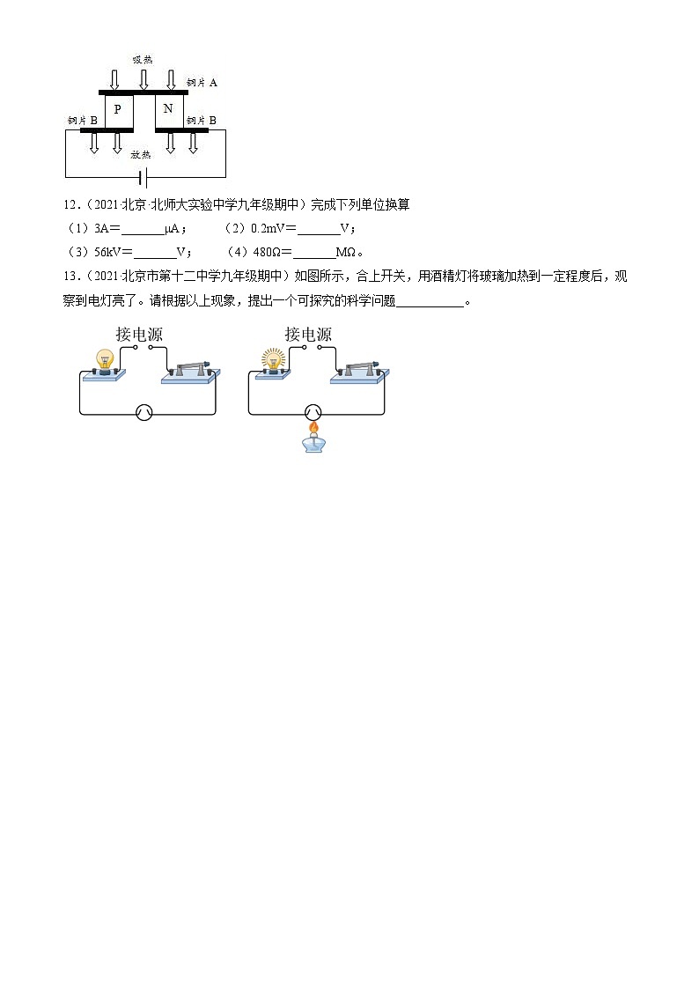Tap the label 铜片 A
tap(202, 82)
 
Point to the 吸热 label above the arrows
tap(142, 60)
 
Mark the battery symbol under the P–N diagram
tap(143, 178)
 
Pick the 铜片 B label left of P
tap(82, 120)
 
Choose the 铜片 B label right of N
tap(201, 120)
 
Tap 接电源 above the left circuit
tap(140, 335)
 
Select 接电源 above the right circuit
tap(308, 335)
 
